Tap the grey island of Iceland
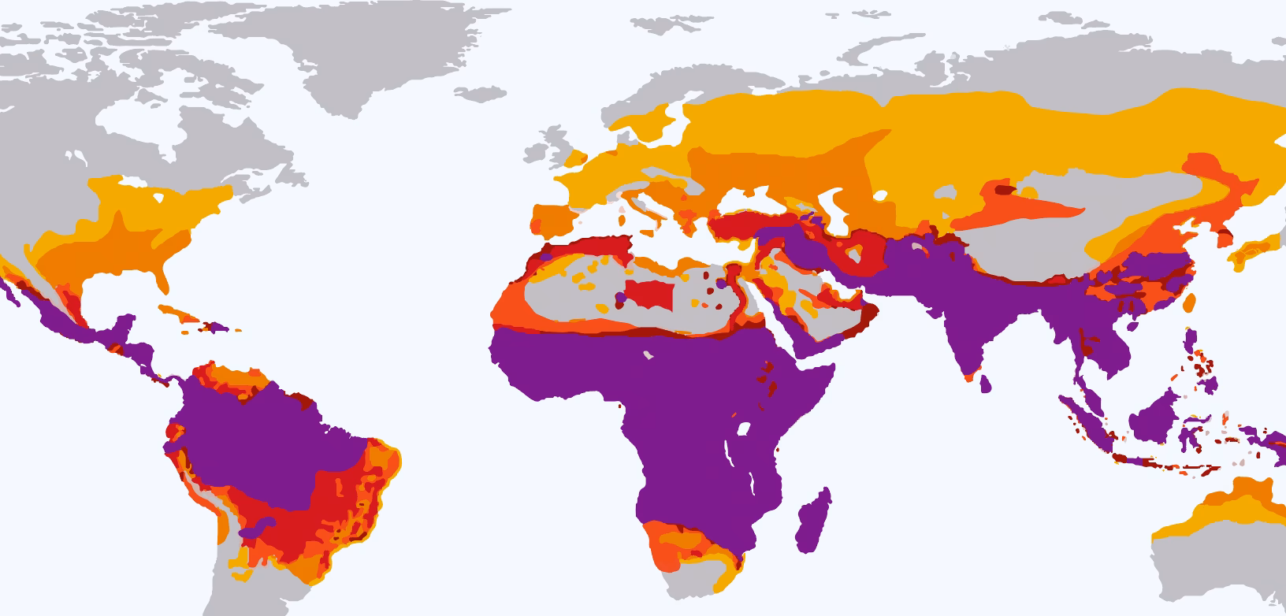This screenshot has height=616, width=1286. tap(480, 94)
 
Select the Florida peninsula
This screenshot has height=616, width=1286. tap(164, 279)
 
